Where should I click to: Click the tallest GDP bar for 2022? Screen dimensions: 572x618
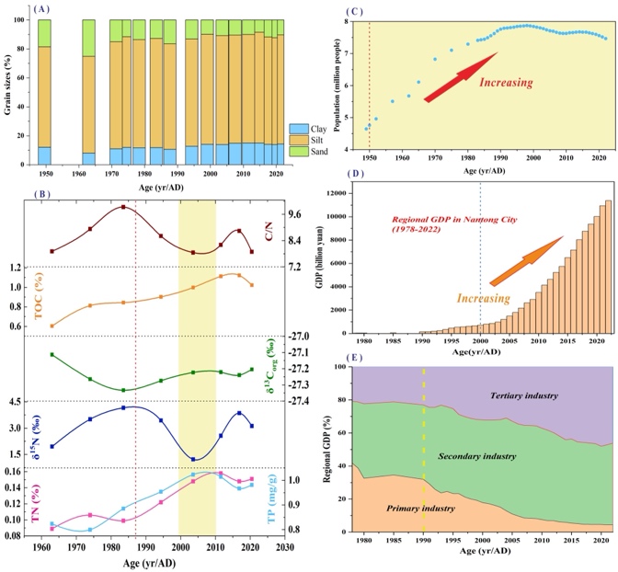click(607, 267)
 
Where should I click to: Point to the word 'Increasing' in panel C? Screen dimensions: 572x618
click(506, 82)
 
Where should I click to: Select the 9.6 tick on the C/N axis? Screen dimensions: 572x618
click(296, 213)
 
